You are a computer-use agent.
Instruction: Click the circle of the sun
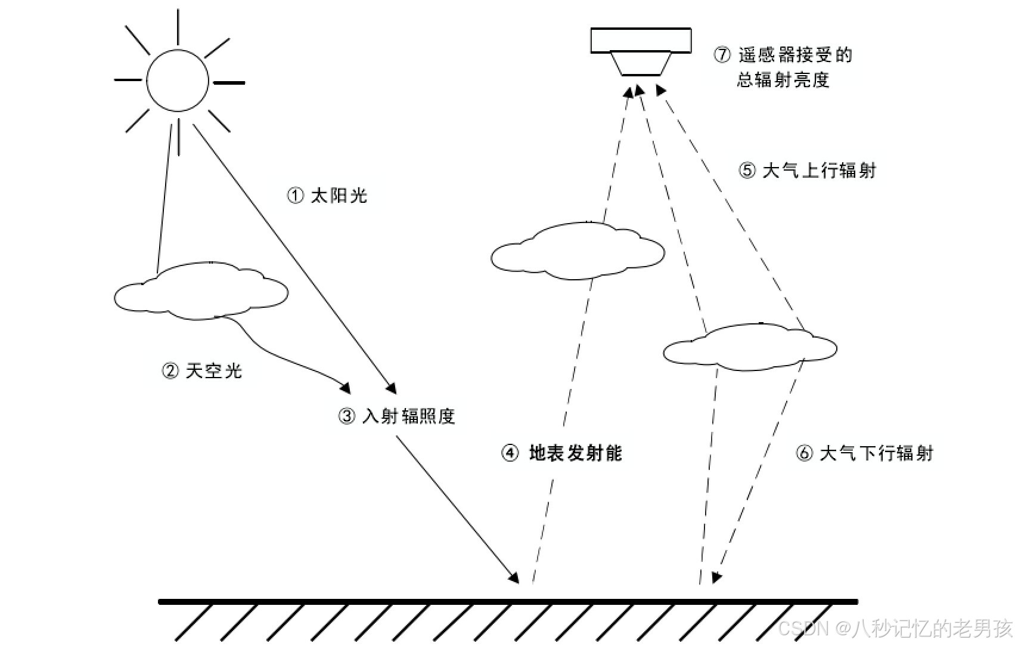point(178,81)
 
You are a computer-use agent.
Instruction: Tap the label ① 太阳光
point(327,196)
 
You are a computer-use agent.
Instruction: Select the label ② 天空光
point(202,371)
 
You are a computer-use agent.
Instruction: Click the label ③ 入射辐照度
point(397,416)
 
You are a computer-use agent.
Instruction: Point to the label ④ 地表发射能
point(562,453)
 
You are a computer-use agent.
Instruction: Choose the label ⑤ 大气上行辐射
point(808,171)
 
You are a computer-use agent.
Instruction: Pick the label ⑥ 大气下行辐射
point(865,453)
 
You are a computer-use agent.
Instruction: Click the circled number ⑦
point(722,55)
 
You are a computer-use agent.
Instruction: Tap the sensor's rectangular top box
point(641,41)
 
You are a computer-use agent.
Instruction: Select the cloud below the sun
point(201,291)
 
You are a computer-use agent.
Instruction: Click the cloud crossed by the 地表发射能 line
point(577,252)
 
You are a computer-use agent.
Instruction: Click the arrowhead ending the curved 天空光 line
point(346,387)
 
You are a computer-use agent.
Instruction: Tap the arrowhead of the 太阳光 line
point(392,388)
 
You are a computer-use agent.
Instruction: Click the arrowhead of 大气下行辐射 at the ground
point(716,577)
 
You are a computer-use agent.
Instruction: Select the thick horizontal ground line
point(508,602)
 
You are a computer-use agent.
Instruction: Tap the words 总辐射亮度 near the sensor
point(783,80)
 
